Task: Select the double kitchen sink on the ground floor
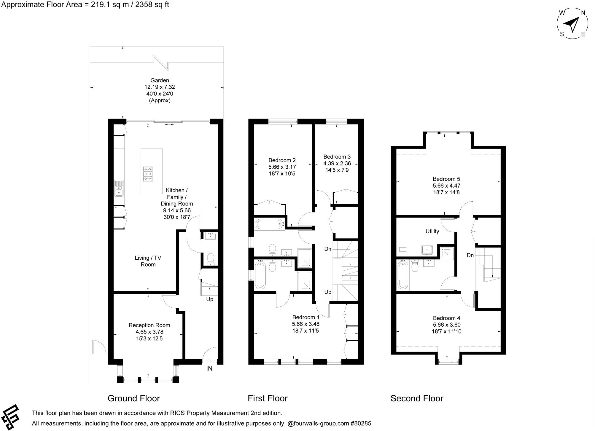tap(119, 188)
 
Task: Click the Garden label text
tap(160, 80)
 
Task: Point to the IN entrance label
tap(209, 368)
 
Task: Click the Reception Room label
tap(149, 325)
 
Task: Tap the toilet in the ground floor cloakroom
tap(211, 258)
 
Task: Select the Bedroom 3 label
tap(337, 157)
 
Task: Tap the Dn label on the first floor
tap(327, 249)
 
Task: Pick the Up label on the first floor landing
tap(327, 292)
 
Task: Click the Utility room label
tap(432, 232)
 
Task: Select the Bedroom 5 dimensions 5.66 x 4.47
tap(446, 186)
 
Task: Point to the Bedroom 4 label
tap(446, 318)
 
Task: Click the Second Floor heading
tap(416, 398)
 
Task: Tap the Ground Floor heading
tap(133, 398)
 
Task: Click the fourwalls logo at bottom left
tap(11, 417)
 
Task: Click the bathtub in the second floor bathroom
tap(403, 275)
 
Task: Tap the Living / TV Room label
tap(148, 261)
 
